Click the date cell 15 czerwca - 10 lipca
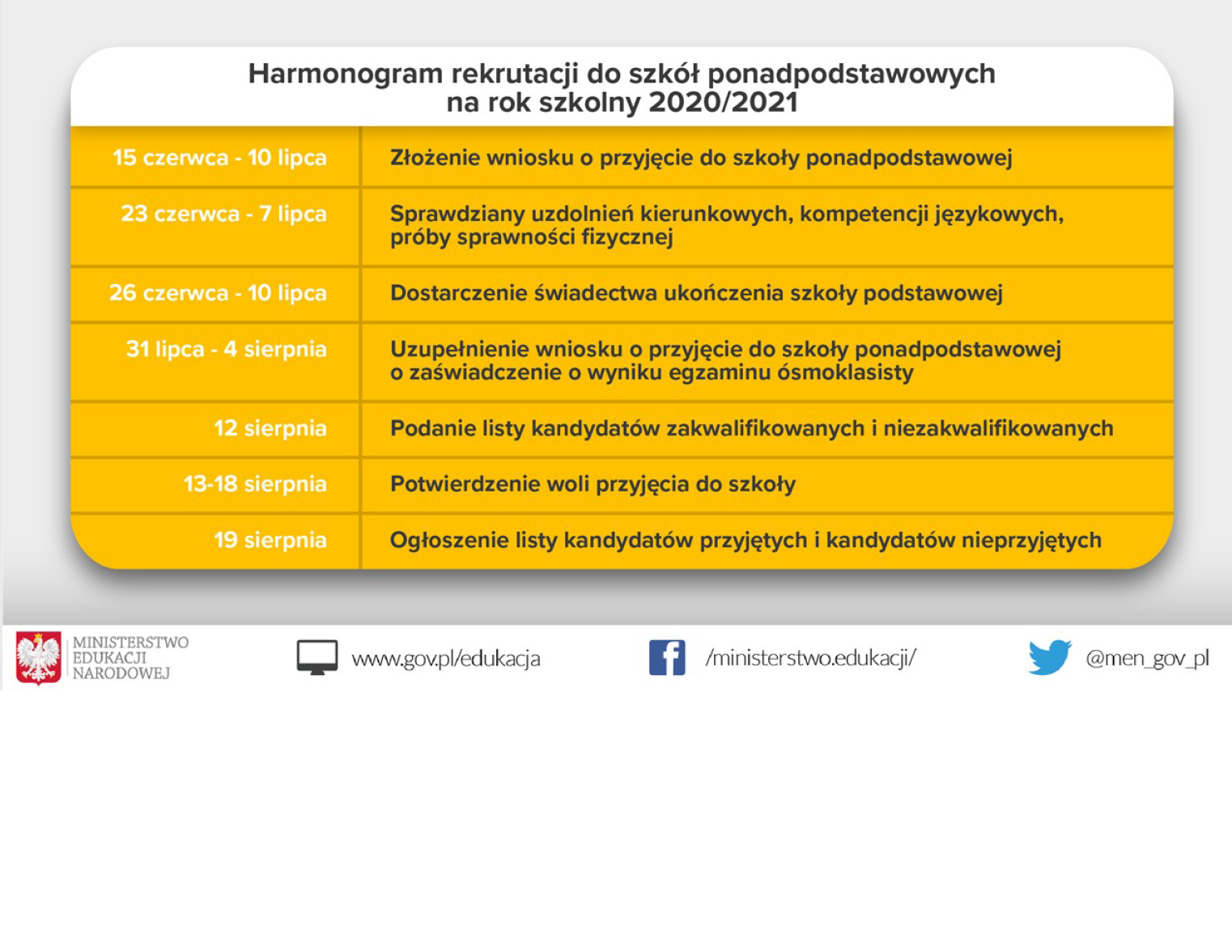click(x=219, y=157)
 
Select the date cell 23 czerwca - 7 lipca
click(x=223, y=214)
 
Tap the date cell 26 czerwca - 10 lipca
click(x=218, y=292)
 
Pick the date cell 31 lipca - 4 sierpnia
click(x=226, y=349)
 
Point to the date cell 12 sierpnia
click(x=270, y=427)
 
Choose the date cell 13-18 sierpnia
click(x=255, y=483)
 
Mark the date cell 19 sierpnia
click(x=270, y=540)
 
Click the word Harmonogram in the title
click(x=346, y=74)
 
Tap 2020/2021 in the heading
click(x=723, y=103)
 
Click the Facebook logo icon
click(x=667, y=657)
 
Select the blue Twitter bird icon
click(x=1049, y=656)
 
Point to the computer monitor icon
click(x=316, y=657)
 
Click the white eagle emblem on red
click(x=38, y=658)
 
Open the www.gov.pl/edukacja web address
click(x=445, y=659)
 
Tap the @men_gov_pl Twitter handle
click(x=1147, y=658)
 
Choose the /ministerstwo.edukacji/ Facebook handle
click(x=810, y=657)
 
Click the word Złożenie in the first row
click(x=431, y=157)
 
